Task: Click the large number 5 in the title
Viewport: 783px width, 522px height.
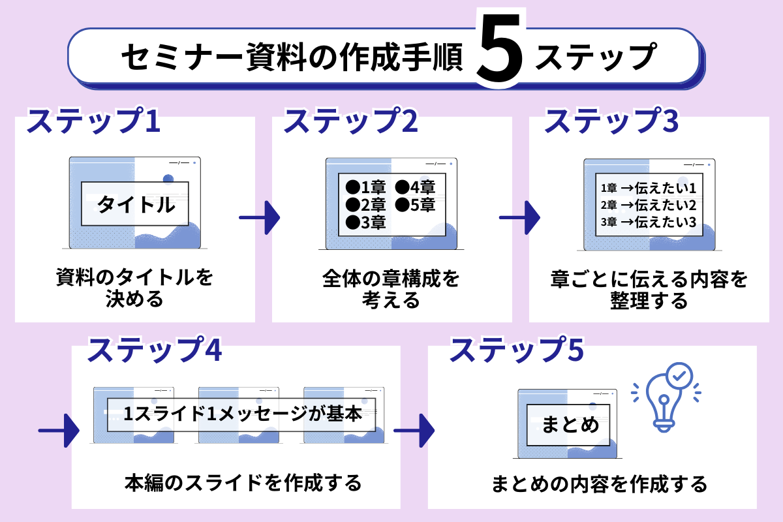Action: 499,57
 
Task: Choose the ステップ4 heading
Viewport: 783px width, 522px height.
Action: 155,350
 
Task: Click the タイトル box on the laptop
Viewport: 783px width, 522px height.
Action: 136,204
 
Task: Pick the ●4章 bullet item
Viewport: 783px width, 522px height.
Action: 415,187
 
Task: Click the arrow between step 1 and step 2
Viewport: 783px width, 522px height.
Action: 259,216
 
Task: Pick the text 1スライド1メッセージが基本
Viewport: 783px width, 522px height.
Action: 242,414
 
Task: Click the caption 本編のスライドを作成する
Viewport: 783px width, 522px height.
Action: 242,484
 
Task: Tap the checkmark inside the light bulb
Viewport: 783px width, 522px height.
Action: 679,376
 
